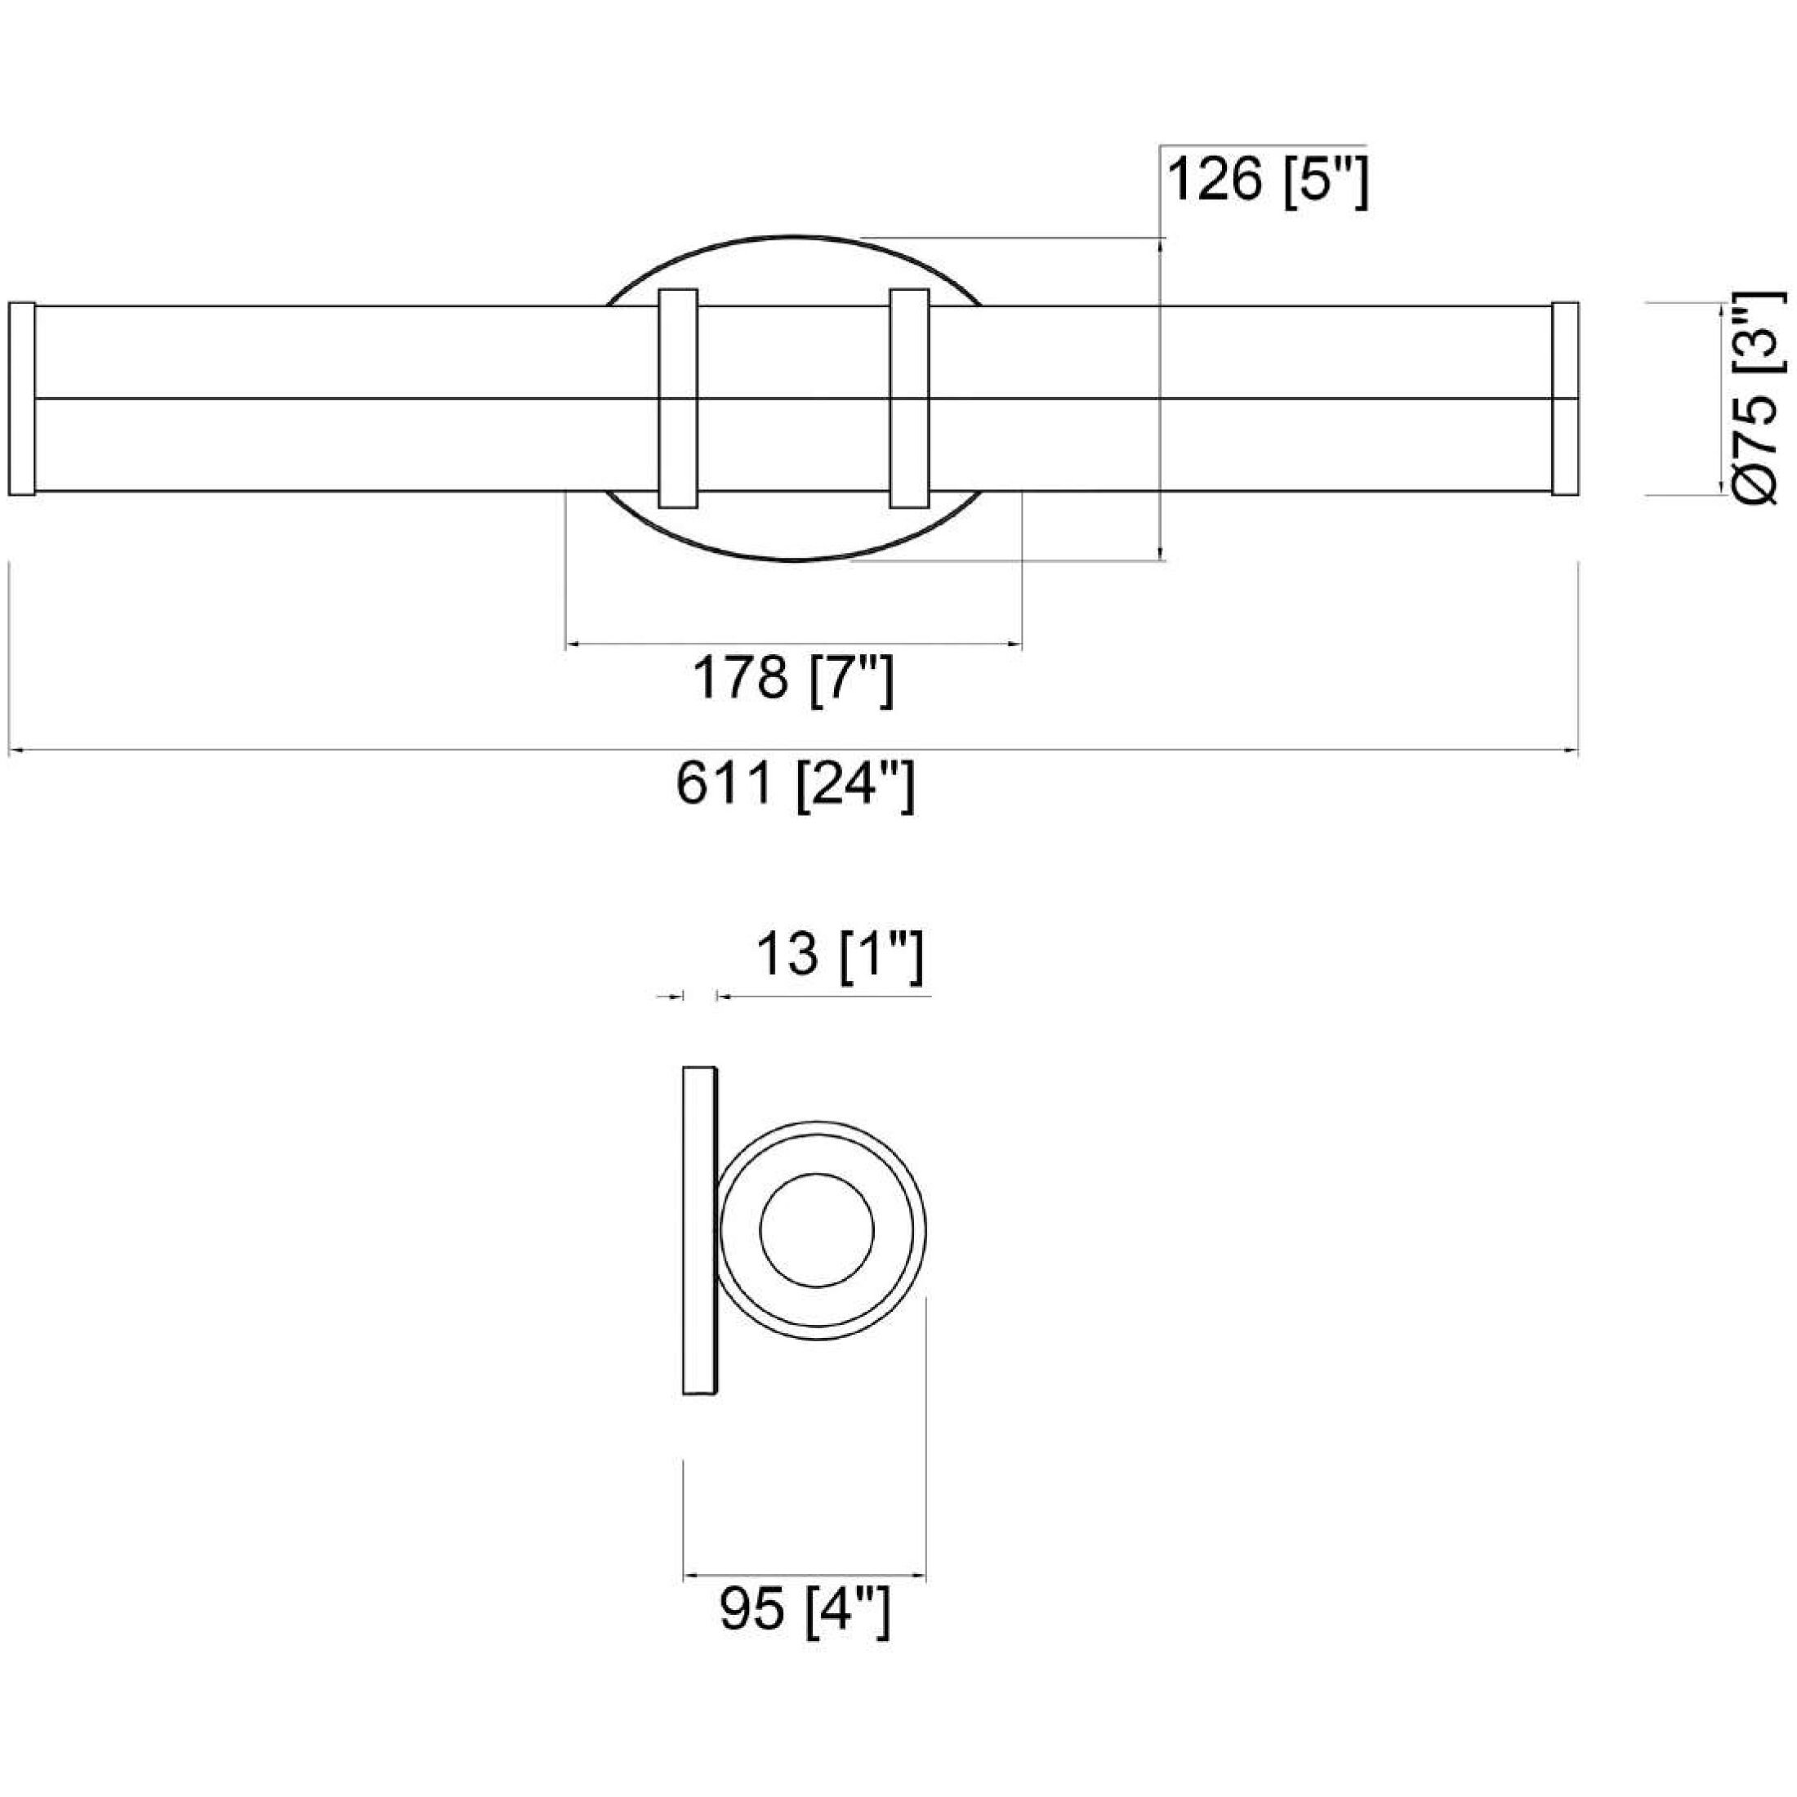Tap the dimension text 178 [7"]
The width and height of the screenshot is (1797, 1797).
792,678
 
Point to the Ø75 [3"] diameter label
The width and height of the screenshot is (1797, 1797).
1756,400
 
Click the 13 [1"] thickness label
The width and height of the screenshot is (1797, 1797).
839,954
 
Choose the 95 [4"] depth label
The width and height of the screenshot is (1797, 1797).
805,1609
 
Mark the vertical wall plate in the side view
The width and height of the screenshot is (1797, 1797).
699,1229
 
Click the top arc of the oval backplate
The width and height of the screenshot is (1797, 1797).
792,237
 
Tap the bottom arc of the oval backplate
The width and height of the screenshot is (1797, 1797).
792,560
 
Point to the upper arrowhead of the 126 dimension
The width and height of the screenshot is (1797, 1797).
1161,244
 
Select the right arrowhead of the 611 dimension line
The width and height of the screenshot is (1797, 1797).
1571,751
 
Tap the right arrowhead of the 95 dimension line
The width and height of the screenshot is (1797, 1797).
920,1576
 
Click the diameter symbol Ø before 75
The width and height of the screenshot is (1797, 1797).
1756,484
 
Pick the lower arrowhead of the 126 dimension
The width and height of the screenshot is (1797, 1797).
1161,555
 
